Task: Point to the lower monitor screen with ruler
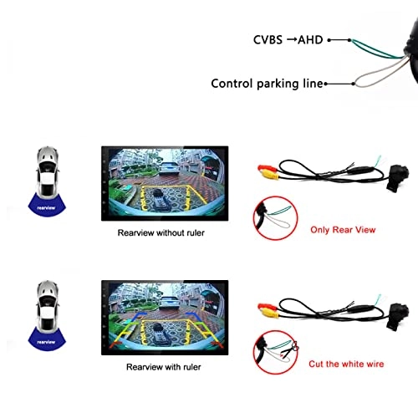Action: click(161, 317)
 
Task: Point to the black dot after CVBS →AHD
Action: click(331, 38)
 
